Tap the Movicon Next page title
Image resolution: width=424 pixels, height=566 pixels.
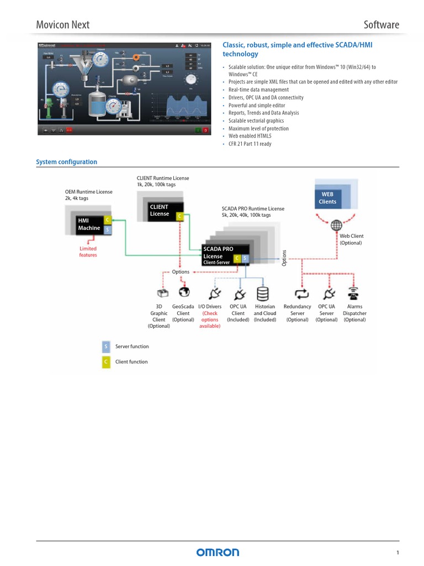tap(62, 24)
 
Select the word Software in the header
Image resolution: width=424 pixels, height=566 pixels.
tap(381, 24)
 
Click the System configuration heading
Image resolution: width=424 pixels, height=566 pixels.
tap(66, 162)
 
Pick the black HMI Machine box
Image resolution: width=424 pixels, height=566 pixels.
tap(89, 224)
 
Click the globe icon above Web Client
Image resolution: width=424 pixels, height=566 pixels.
tap(336, 225)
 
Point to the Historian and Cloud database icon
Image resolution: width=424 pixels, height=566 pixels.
tap(263, 293)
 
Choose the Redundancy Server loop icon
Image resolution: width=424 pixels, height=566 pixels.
tap(301, 293)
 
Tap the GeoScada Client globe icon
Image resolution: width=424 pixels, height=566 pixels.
tap(184, 292)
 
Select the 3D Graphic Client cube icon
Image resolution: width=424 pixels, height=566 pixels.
tap(162, 293)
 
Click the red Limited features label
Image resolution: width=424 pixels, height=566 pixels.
tap(88, 252)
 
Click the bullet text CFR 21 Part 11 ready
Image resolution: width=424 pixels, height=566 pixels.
tap(250, 144)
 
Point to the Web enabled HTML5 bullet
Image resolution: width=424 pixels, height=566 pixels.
tap(250, 136)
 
